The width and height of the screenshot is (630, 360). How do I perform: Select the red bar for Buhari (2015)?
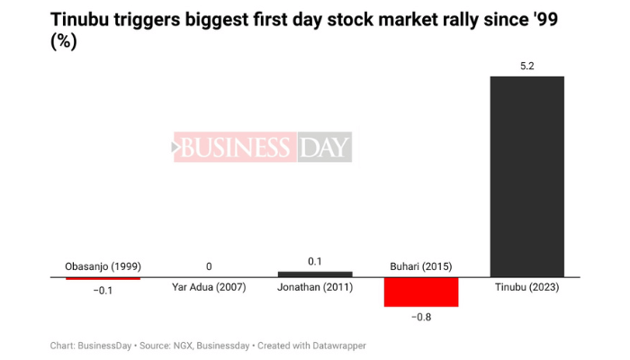coord(421,292)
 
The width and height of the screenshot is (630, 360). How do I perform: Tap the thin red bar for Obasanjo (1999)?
coord(103,278)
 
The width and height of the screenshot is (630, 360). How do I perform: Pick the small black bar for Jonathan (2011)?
coord(315,274)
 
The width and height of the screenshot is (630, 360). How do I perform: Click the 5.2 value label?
coord(526,67)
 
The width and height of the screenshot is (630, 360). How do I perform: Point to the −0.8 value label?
coord(421,316)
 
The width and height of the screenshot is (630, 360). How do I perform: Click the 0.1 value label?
coord(315,261)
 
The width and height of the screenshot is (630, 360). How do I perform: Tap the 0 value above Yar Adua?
coord(209,266)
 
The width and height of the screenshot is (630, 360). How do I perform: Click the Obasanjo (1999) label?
coord(103,266)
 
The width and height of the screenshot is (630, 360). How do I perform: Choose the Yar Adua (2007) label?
coord(209,288)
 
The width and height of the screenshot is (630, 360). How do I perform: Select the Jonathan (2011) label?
coord(315,288)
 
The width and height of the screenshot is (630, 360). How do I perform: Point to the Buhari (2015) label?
coord(421,266)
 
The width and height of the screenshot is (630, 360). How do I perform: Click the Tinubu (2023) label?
coord(526,288)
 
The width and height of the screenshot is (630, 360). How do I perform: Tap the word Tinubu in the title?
coord(83,20)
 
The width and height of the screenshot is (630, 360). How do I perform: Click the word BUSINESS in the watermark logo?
coord(236,148)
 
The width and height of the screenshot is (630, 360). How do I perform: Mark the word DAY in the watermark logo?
coord(323,148)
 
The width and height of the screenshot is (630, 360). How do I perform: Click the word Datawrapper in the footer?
coord(335,346)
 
